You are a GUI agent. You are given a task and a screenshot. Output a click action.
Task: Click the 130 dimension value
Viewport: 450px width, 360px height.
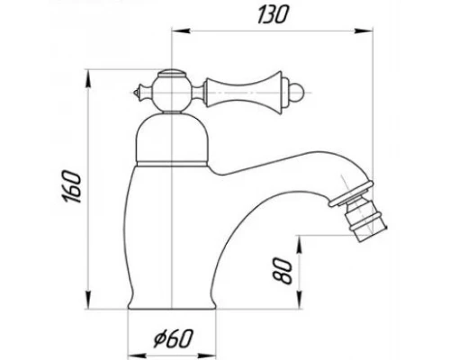273,14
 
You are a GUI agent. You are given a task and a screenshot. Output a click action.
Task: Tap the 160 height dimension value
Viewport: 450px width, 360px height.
71,186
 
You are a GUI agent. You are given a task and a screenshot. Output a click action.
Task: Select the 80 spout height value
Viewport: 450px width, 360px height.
283,271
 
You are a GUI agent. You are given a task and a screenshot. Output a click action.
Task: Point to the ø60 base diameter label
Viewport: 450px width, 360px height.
173,338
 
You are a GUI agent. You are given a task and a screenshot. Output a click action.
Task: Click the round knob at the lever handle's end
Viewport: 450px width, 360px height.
298,92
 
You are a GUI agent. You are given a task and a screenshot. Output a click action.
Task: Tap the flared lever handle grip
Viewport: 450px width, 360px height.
244,93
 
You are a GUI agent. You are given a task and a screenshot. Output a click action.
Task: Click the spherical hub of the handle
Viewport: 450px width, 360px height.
170,93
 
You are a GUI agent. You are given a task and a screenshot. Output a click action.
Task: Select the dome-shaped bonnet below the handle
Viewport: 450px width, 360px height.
172,138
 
